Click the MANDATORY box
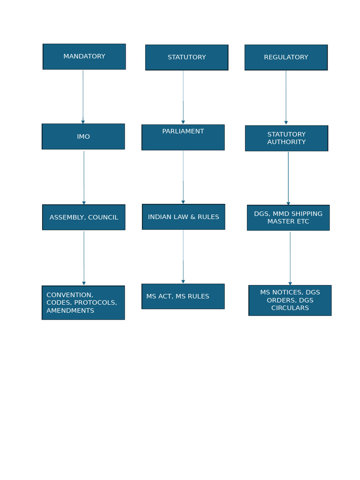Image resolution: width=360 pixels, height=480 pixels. (x=84, y=57)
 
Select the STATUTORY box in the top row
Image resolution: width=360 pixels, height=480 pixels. (x=187, y=58)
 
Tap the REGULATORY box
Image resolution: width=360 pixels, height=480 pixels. (x=286, y=58)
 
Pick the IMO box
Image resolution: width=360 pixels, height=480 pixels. (x=83, y=137)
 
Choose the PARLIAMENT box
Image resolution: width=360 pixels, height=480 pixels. (x=183, y=137)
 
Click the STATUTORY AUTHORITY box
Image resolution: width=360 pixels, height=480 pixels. (x=286, y=138)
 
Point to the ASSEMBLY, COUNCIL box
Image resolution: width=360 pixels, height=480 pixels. (x=84, y=217)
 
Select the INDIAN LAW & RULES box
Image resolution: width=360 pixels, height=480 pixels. (x=184, y=217)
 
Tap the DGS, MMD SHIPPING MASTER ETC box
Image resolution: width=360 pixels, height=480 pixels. (x=288, y=217)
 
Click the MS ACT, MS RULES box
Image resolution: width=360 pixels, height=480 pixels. (x=183, y=296)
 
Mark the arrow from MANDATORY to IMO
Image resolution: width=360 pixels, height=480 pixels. (x=83, y=97)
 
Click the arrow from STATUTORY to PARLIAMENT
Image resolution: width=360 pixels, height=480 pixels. (x=183, y=97)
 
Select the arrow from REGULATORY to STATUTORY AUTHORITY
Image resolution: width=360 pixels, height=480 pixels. (x=286, y=97)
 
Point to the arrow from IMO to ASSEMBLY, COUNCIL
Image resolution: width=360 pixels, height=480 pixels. (x=84, y=177)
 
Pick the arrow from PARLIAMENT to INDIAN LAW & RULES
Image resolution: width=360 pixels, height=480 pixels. (x=183, y=177)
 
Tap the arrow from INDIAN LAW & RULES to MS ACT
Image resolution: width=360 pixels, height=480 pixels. (x=183, y=256)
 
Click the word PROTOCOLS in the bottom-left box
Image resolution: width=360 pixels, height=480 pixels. (x=95, y=303)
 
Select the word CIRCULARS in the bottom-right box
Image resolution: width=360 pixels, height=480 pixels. (x=290, y=308)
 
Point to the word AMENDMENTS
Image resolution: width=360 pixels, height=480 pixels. (x=70, y=311)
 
